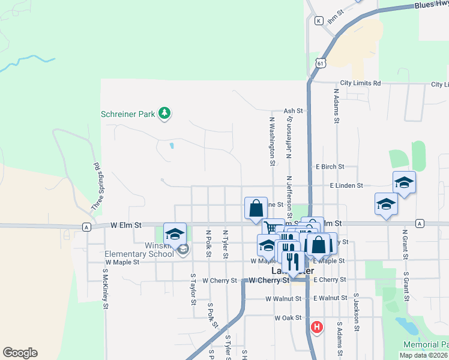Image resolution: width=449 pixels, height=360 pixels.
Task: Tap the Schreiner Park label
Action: tap(128, 113)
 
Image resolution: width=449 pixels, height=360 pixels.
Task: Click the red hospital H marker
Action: tap(316, 327)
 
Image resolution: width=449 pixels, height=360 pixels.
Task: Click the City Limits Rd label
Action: tap(360, 83)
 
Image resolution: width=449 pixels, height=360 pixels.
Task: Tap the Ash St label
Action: tap(293, 111)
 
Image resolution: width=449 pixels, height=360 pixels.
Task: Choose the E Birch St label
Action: tap(329, 167)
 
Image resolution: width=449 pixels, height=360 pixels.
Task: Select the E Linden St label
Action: tap(346, 186)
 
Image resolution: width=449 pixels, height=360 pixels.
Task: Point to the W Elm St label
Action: tap(125, 226)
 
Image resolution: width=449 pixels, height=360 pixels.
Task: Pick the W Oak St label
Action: tap(286, 317)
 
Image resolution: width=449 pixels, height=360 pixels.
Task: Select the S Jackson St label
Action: tap(357, 313)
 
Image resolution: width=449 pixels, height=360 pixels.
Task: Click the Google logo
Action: tap(20, 353)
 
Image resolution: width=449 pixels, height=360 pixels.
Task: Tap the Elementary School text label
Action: tap(130, 254)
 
